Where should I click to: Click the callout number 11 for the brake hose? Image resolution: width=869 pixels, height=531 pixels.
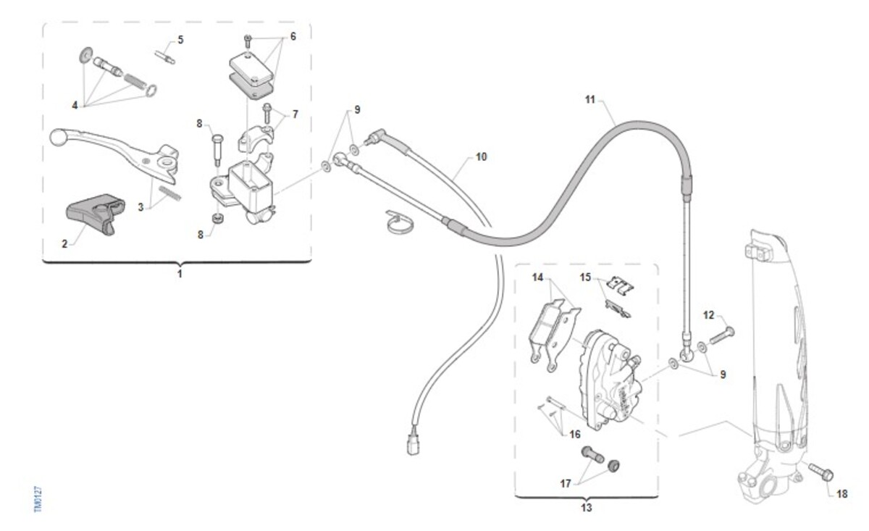click(589, 100)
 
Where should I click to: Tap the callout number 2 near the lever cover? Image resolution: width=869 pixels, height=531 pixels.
click(64, 243)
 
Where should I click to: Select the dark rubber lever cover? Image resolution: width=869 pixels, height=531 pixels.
click(95, 213)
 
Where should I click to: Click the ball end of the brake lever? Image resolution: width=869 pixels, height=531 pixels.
click(59, 137)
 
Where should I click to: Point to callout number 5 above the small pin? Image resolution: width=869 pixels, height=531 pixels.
click(180, 40)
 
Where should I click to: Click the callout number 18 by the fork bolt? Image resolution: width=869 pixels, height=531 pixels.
click(841, 494)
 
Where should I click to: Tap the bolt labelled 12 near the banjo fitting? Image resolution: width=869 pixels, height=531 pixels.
click(722, 335)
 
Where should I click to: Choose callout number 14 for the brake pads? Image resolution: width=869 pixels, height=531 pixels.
click(537, 277)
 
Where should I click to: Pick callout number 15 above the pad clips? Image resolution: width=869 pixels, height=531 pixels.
click(585, 277)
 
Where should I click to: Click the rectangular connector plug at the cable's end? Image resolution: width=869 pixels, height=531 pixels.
click(413, 444)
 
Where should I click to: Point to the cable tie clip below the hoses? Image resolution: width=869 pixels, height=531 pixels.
click(400, 222)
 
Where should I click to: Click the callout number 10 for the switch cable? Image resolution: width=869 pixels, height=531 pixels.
click(481, 156)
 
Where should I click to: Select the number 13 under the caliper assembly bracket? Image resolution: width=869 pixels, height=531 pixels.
click(586, 507)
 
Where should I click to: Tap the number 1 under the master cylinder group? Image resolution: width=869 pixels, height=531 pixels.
click(180, 274)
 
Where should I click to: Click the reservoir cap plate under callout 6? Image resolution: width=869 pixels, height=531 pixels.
click(252, 67)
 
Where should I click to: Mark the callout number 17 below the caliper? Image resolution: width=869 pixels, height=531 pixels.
click(566, 483)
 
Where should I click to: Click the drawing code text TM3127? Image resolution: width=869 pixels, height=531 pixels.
click(38, 499)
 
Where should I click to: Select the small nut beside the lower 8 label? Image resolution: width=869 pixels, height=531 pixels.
click(218, 219)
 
